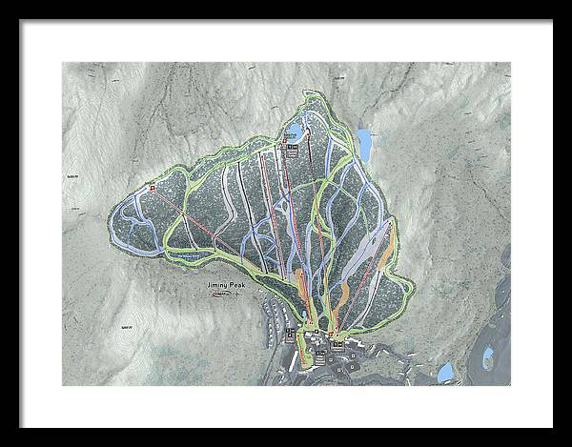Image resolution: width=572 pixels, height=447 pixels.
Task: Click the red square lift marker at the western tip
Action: click(151, 188)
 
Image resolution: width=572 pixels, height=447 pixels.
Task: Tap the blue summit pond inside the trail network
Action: click(297, 130)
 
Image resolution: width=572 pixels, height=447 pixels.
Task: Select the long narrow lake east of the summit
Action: click(364, 144)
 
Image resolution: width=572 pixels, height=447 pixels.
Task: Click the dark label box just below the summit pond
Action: click(293, 149)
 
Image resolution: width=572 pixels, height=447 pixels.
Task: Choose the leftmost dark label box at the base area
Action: click(292, 331)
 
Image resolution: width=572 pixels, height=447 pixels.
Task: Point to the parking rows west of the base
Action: click(274, 319)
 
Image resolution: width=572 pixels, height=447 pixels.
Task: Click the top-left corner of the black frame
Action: click(3, 3)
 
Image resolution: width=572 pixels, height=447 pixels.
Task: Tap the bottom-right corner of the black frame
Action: click(568, 443)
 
